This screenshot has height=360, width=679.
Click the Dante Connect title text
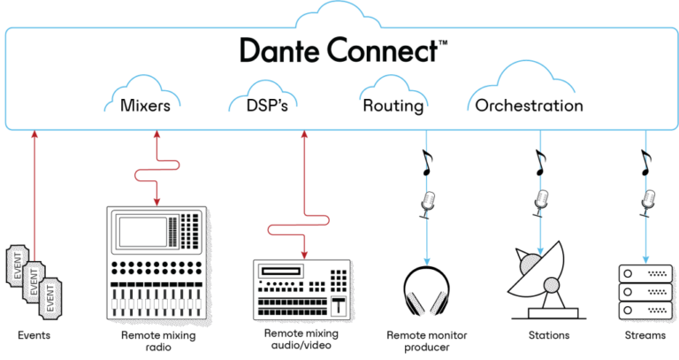(339, 50)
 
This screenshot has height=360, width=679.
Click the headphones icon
(431, 291)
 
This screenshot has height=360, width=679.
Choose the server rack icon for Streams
(644, 291)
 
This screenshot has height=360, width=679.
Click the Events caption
(35, 336)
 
